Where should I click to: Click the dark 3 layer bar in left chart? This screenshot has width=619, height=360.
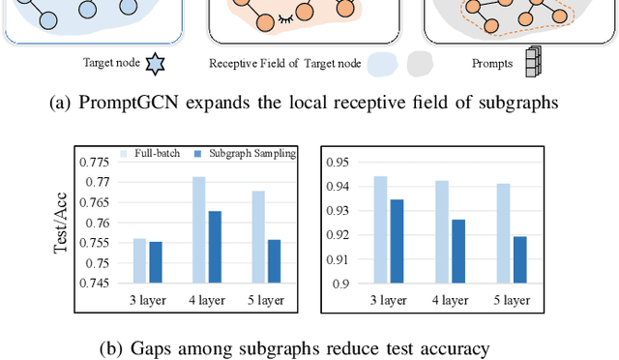click(156, 262)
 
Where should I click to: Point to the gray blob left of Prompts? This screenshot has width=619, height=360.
click(421, 64)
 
